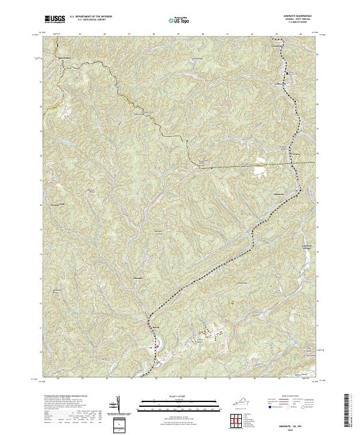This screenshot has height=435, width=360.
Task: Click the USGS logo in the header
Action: (x=54, y=20)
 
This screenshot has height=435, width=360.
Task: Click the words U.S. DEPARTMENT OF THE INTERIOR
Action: (x=91, y=17)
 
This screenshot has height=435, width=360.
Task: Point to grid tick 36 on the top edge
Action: (x=106, y=34)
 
